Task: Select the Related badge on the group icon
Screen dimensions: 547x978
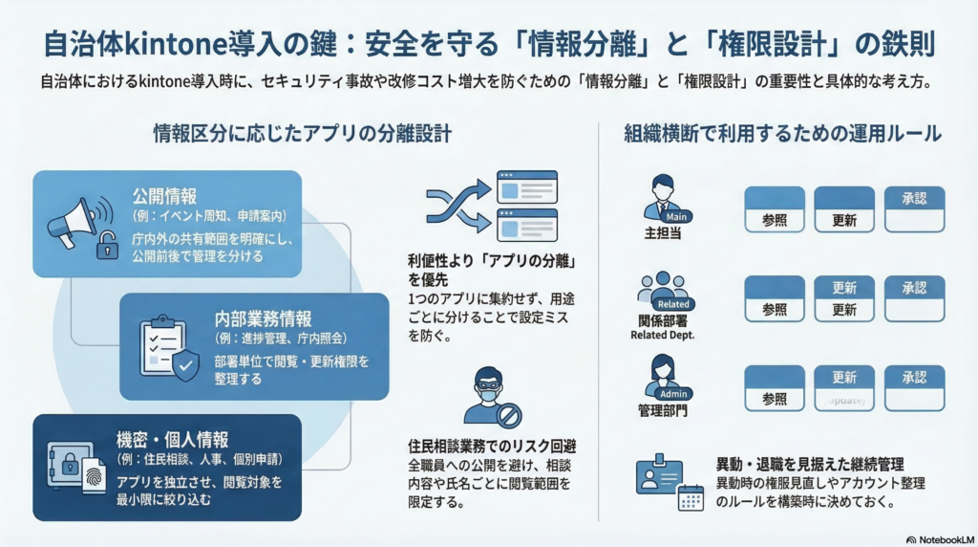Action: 674,304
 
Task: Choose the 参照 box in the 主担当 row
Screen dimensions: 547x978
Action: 775,209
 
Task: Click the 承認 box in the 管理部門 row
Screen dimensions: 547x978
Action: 914,388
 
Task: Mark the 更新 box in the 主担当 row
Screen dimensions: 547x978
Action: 844,209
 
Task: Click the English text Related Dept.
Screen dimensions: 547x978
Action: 663,336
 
